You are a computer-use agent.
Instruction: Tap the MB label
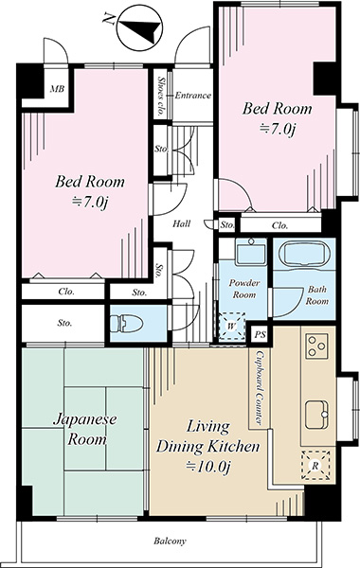click(x=57, y=89)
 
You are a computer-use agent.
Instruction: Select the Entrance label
click(x=193, y=96)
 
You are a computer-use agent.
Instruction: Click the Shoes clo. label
click(x=160, y=97)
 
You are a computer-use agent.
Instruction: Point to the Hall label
click(x=181, y=223)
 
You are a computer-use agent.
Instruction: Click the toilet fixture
click(x=126, y=324)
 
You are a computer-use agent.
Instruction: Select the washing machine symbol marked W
click(x=232, y=326)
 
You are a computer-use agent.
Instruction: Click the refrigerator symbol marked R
click(x=315, y=466)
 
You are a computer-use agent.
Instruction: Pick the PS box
click(x=260, y=334)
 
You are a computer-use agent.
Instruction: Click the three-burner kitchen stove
click(x=316, y=346)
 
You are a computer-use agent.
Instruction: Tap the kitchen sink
click(x=316, y=416)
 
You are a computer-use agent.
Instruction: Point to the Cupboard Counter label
click(x=260, y=387)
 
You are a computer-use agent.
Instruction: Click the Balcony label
click(x=170, y=541)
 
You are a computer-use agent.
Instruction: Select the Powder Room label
click(x=244, y=289)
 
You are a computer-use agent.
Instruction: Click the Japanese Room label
click(x=85, y=429)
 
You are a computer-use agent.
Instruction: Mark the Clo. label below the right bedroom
click(x=279, y=225)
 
